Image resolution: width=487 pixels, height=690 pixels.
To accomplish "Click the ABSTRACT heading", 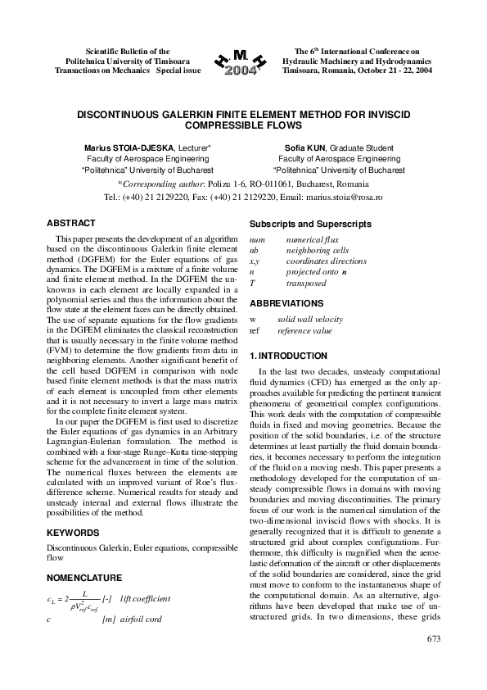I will (x=71, y=223).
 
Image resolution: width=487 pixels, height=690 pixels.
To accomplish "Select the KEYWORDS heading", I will (x=74, y=532).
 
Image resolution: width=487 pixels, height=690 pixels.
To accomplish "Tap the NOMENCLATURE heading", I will (x=85, y=578).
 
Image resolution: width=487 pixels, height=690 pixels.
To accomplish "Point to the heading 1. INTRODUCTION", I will (x=288, y=356).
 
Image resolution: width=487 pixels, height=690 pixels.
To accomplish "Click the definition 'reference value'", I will (x=304, y=330).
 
